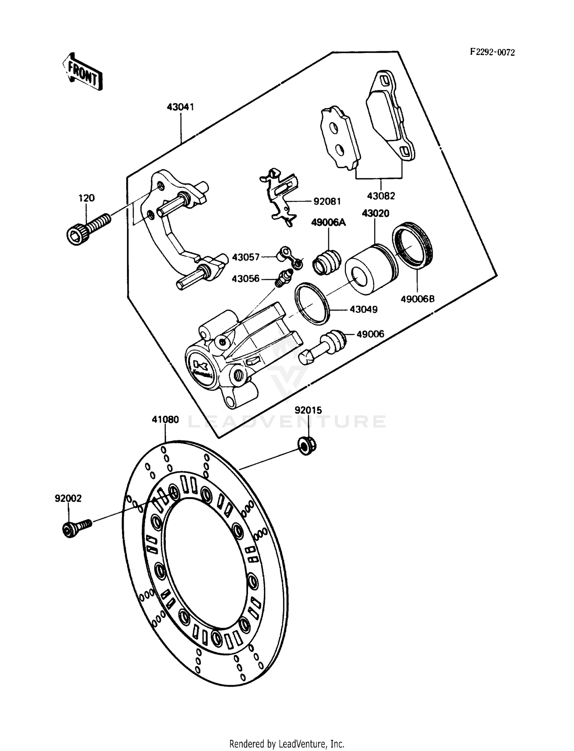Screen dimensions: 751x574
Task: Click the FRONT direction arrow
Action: (82, 72)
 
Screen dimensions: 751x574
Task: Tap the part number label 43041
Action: (180, 107)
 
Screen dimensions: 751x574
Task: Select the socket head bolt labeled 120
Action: (88, 227)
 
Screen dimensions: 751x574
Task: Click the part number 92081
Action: (327, 201)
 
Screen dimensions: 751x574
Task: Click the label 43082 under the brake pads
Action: (381, 196)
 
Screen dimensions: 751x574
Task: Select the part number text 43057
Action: (246, 257)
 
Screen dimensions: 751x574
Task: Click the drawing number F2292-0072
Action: (492, 52)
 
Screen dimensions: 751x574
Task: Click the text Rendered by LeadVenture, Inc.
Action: (287, 744)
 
